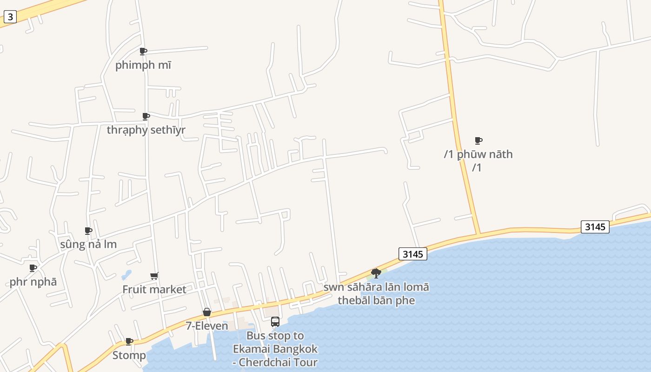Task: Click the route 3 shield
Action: (x=10, y=17)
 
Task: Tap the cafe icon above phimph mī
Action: (x=143, y=51)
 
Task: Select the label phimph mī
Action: (x=143, y=65)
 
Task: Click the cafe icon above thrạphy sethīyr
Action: (x=146, y=116)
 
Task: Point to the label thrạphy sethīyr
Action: (x=146, y=130)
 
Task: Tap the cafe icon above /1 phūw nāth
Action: (x=478, y=140)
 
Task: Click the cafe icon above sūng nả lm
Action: (x=88, y=231)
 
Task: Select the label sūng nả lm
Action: (x=88, y=244)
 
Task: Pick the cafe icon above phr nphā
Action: (x=33, y=268)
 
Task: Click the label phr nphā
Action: (x=33, y=282)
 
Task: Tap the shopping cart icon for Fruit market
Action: (x=154, y=276)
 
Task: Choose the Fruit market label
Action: (x=154, y=289)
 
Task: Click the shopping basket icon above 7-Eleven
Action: (x=207, y=312)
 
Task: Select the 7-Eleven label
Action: (x=207, y=326)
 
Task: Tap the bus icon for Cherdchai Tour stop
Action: (x=275, y=322)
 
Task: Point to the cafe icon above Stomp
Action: (x=129, y=342)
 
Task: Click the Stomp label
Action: (x=129, y=355)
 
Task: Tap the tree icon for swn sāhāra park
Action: (x=376, y=273)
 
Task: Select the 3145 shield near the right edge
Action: (x=595, y=227)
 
